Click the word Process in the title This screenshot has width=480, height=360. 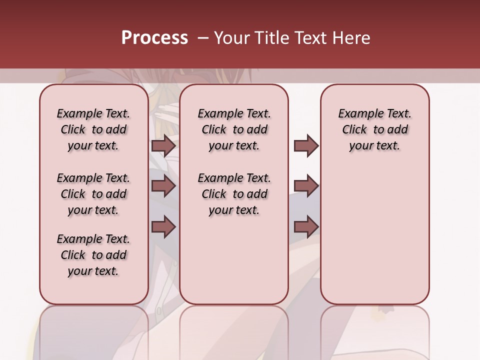(x=154, y=38)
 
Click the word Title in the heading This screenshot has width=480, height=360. (x=271, y=38)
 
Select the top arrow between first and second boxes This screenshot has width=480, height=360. (x=163, y=145)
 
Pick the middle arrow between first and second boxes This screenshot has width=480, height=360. (x=163, y=186)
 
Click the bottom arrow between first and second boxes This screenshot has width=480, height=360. (x=163, y=227)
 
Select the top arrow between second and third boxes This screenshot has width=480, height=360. (x=306, y=145)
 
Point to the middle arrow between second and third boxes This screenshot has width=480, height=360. (x=306, y=186)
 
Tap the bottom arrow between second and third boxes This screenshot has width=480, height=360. (x=306, y=227)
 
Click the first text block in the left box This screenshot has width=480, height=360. (x=93, y=129)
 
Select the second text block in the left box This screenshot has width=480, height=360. (x=93, y=194)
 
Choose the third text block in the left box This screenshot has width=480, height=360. (x=93, y=255)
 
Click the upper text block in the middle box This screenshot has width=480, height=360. (x=234, y=129)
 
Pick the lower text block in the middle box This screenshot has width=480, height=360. (x=234, y=194)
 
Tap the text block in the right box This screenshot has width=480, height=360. (x=375, y=129)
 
